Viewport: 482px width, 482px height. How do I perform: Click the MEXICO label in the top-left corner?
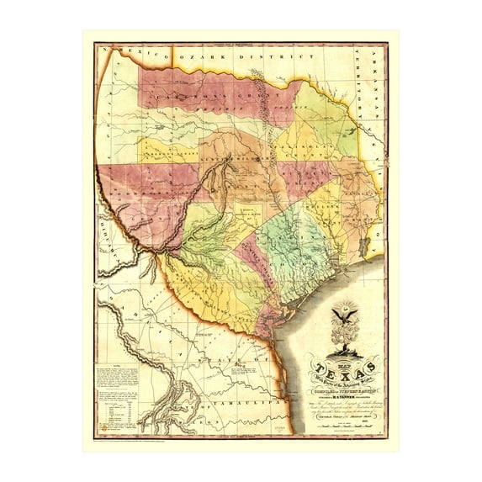pyautogui.click(x=135, y=54)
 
